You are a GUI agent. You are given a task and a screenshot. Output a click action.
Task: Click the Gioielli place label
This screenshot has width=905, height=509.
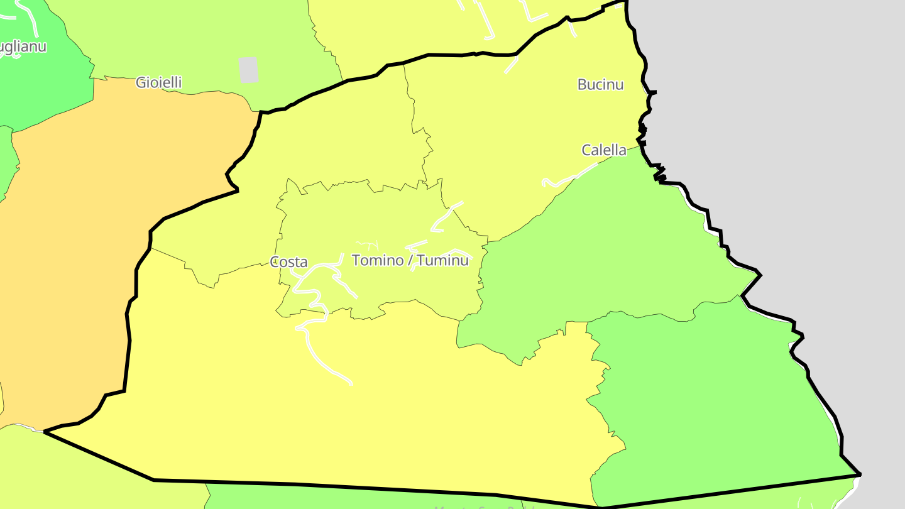click(159, 82)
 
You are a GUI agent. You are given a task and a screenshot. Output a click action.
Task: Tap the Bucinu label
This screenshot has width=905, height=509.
click(600, 84)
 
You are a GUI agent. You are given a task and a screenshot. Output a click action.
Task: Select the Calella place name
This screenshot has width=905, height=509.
click(604, 150)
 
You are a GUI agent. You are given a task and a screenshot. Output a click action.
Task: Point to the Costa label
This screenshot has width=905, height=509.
click(288, 262)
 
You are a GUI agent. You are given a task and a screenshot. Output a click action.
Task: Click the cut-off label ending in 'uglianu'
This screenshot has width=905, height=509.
click(22, 47)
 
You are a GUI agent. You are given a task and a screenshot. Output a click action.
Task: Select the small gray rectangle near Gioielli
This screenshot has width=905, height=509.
click(249, 70)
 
